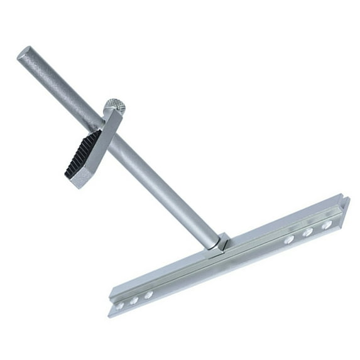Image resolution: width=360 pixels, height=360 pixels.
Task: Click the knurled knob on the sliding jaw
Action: click(114, 106)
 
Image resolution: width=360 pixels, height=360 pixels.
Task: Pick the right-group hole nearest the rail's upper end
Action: click(327, 225)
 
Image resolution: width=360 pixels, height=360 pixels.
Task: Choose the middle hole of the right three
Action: click(308, 232)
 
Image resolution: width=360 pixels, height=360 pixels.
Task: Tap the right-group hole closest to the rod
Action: click(288, 240)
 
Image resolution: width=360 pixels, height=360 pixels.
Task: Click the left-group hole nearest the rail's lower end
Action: click(119, 306)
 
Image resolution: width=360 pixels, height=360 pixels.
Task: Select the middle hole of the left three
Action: click(134, 300)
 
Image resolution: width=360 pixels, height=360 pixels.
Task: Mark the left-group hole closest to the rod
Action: click(148, 295)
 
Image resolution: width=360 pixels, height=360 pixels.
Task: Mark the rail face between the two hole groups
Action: click(220, 267)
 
